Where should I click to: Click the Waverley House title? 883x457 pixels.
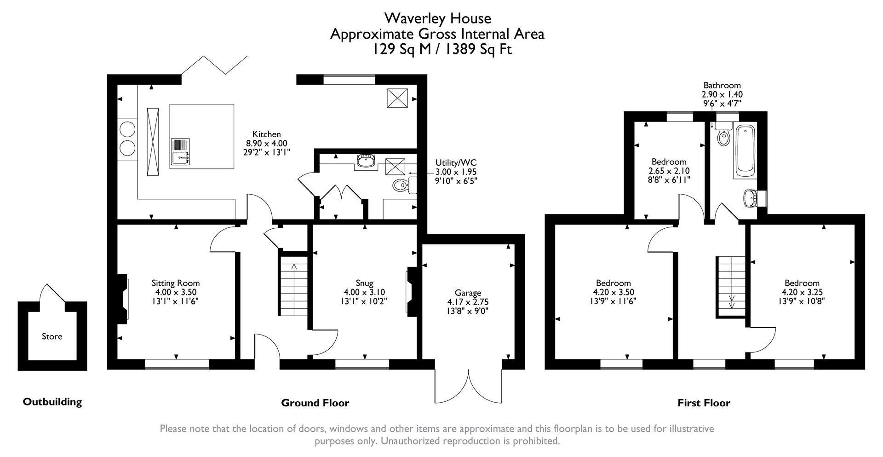(437, 18)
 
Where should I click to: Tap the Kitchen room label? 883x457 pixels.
(266, 134)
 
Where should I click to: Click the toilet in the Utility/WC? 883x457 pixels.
(401, 185)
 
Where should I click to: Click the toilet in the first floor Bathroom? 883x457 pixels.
(723, 137)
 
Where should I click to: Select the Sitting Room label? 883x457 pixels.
(176, 283)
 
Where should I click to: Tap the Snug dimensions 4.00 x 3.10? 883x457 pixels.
(364, 292)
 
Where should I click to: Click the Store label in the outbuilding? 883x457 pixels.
(52, 336)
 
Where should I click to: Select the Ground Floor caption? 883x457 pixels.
(315, 403)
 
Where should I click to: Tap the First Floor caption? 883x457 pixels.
(704, 403)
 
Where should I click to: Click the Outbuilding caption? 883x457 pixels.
(52, 402)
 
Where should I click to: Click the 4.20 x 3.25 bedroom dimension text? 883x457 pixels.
(802, 292)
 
